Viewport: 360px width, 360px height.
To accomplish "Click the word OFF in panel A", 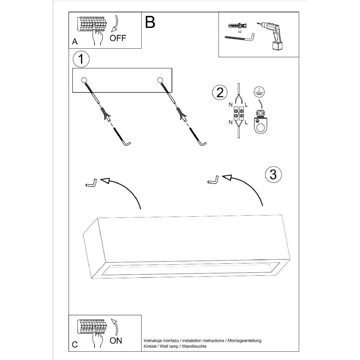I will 118,38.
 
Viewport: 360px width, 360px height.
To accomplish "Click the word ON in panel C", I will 116,340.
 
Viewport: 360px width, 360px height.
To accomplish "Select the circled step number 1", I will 81,59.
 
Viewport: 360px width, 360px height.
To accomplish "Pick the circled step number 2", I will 220,92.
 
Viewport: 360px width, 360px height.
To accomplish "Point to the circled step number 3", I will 273,174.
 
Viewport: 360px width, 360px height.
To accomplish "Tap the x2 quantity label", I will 240,31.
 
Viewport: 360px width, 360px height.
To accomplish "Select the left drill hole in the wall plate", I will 84,80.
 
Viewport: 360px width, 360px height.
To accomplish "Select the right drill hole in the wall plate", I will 160,80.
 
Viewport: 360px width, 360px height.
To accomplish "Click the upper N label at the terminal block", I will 230,105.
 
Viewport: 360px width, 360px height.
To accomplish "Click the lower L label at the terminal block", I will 246,122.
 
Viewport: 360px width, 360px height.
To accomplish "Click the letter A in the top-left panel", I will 75,42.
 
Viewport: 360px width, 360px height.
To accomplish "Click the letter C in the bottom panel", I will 75,345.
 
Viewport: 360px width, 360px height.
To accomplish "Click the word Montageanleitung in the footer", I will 244,340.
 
